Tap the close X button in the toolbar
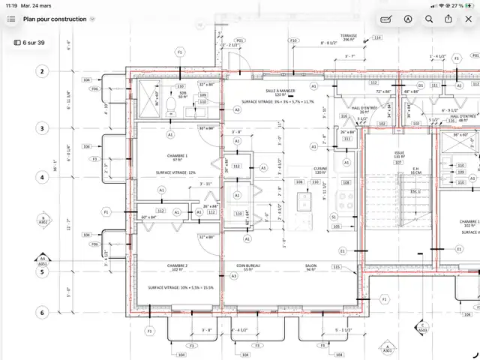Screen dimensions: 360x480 tap(467, 19)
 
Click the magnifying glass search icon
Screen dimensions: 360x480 tap(428, 19)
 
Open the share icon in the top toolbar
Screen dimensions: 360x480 tap(448, 19)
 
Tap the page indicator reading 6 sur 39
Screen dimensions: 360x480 tap(29, 43)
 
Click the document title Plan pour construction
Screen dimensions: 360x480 tap(53, 19)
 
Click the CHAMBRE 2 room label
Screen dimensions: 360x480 tap(177, 265)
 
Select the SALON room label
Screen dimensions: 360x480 tap(310, 265)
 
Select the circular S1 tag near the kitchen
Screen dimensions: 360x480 tap(334, 216)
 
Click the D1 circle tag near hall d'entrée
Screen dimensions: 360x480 tap(421, 85)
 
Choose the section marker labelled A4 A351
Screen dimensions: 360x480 tap(42, 261)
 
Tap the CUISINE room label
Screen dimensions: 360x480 tap(322, 169)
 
